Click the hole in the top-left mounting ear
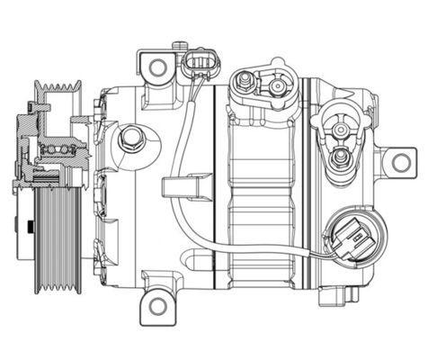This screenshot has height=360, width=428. coord(158,67)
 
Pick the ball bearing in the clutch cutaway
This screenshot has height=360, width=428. coord(58,148)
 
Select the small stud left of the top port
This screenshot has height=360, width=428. coord(243,85)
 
